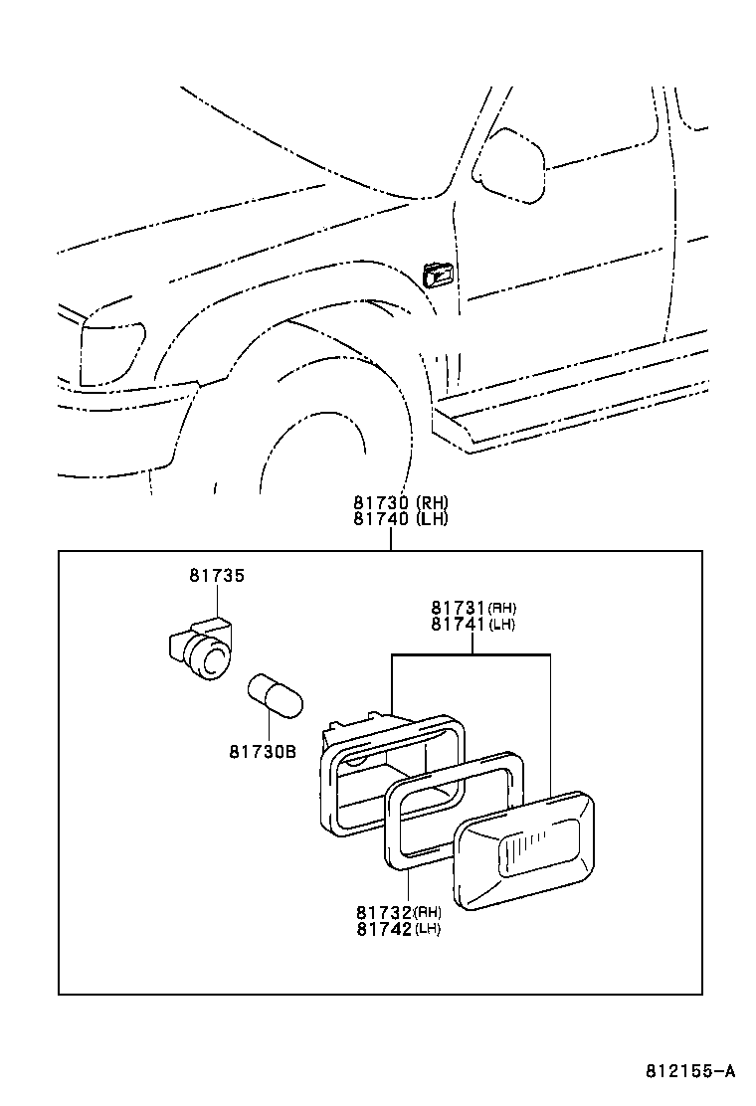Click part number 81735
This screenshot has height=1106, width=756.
tap(217, 576)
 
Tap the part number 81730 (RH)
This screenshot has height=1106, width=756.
tap(400, 503)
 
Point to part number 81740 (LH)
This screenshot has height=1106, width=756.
tap(400, 519)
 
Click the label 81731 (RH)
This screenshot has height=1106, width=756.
tap(472, 608)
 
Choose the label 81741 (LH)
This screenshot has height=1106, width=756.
tap(472, 625)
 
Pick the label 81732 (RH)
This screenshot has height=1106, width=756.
tap(398, 912)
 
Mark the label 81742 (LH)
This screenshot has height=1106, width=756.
tap(398, 929)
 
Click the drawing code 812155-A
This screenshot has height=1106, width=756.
tap(689, 1072)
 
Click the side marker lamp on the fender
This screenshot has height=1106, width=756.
tap(438, 274)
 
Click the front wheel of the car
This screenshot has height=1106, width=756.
tap(318, 428)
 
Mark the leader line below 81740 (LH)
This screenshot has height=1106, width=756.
tap(391, 539)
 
